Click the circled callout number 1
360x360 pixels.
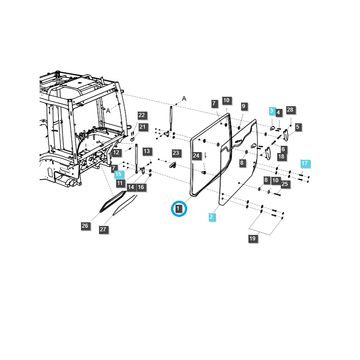tap(179, 208)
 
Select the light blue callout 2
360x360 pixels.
tap(211, 217)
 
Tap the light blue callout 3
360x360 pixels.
tap(271, 111)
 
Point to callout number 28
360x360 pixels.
tap(290, 110)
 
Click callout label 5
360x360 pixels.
tap(297, 127)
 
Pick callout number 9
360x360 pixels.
tap(243, 106)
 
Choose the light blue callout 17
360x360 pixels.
tap(305, 163)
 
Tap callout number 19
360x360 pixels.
tap(252, 238)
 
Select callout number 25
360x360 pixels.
tap(285, 184)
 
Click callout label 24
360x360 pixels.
tap(196, 156)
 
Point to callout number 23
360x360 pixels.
tap(175, 153)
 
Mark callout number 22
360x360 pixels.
tap(141, 115)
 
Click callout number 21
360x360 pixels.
tap(142, 127)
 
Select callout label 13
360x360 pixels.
tap(146, 151)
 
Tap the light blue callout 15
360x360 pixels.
tap(118, 174)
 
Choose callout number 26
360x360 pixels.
tap(85, 226)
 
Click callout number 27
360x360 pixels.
tap(103, 229)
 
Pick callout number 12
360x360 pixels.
tap(116, 153)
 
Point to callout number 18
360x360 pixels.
tap(281, 157)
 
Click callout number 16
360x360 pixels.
tap(141, 187)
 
